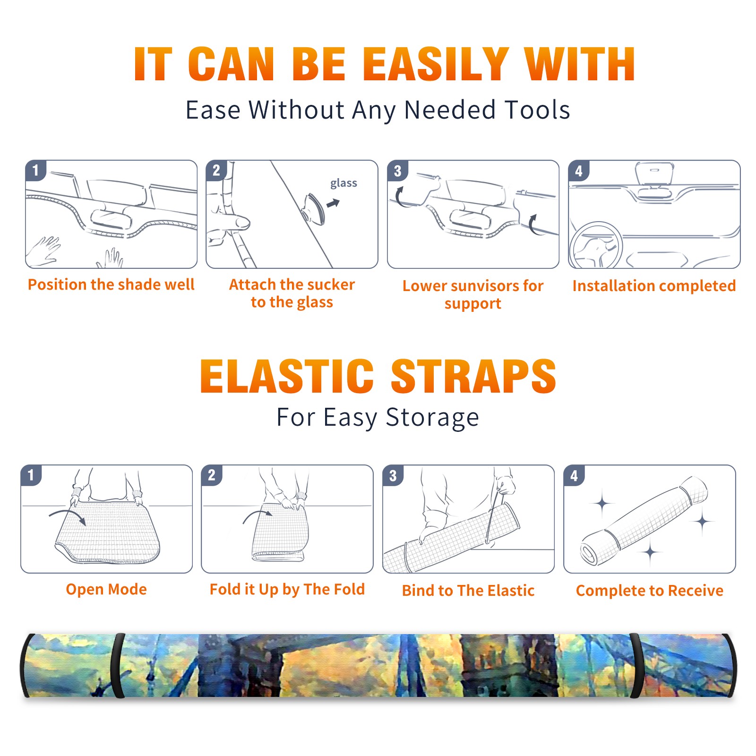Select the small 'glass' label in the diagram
(344, 183)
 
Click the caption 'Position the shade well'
(111, 284)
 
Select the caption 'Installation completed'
(654, 285)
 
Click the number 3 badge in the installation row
(397, 171)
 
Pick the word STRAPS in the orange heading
(473, 376)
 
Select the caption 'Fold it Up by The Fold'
(287, 590)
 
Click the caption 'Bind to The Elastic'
(468, 591)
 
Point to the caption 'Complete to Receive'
(650, 591)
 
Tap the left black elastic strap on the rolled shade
(118, 665)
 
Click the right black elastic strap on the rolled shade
(636, 665)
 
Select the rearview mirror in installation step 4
(654, 174)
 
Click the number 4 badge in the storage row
(574, 475)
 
